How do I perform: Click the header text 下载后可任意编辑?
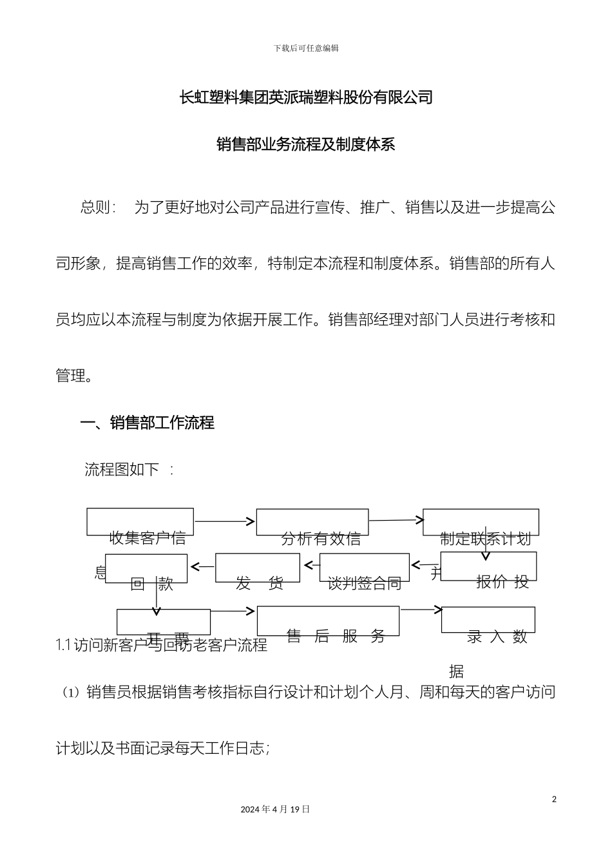306,48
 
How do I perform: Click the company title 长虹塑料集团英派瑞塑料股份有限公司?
305,97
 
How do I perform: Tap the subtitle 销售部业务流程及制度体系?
305,144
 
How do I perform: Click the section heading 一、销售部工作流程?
147,423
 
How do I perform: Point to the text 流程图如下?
122,469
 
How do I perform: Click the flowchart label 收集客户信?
148,538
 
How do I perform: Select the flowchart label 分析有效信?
321,539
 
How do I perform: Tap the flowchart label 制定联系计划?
485,539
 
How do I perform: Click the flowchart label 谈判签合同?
364,584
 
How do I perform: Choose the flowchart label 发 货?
259,584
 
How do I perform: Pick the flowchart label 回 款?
152,584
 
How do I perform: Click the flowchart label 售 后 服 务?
336,637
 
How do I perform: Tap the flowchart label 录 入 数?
497,637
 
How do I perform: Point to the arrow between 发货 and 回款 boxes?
202,567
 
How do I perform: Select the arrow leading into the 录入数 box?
421,609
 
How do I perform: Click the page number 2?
554,800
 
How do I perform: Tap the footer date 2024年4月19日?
275,809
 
